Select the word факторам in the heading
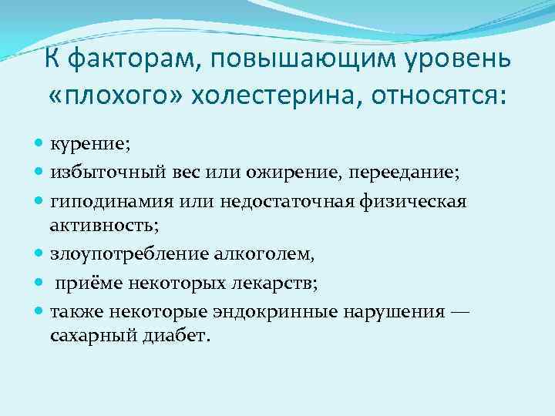coord(131,58)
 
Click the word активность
coord(96,224)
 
